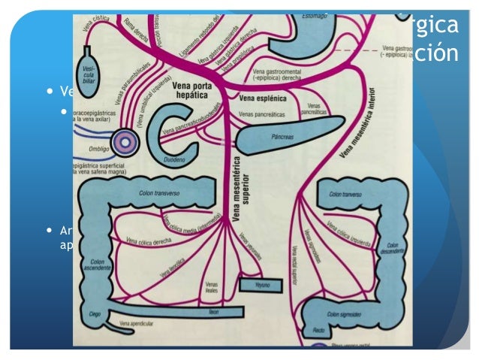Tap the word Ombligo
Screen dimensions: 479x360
click(98, 149)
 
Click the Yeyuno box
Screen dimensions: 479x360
click(260, 286)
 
